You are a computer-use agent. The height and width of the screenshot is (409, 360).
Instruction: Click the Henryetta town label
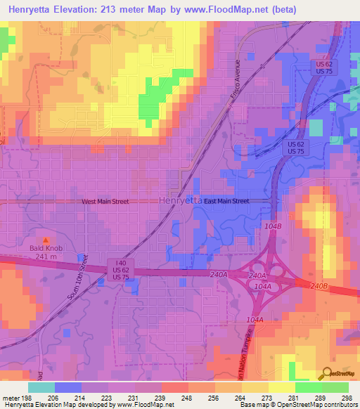click(181, 200)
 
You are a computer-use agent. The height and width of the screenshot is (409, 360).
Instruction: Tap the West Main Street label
click(105, 202)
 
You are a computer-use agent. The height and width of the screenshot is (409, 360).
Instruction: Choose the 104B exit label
click(274, 226)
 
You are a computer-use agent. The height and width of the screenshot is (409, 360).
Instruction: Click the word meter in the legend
click(11, 397)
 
